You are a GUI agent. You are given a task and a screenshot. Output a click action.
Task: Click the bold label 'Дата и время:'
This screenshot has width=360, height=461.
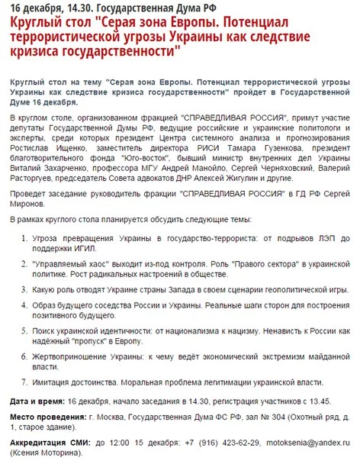click(38, 400)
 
